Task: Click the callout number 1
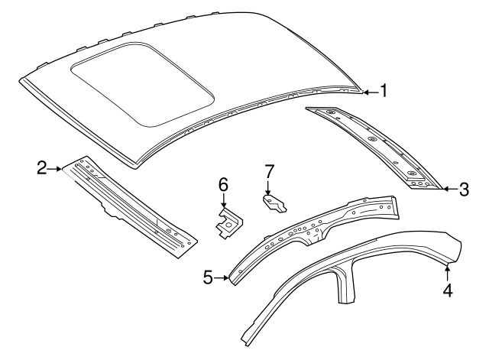coord(384,91)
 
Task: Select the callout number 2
coord(42,168)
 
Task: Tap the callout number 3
coord(464,189)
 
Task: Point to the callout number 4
coord(448,290)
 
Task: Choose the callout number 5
coord(209,277)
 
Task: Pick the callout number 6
coord(223,184)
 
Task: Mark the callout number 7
coord(270,171)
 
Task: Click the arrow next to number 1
coord(371,92)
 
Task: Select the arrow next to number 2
coord(55,169)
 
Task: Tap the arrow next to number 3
coord(450,189)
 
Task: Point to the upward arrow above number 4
coord(448,271)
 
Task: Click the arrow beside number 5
coord(222,277)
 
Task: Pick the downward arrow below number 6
coord(224,200)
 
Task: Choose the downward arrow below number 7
coord(267,187)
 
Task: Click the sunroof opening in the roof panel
coord(142,84)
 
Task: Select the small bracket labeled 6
coord(228,223)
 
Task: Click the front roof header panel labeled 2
coord(129,206)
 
